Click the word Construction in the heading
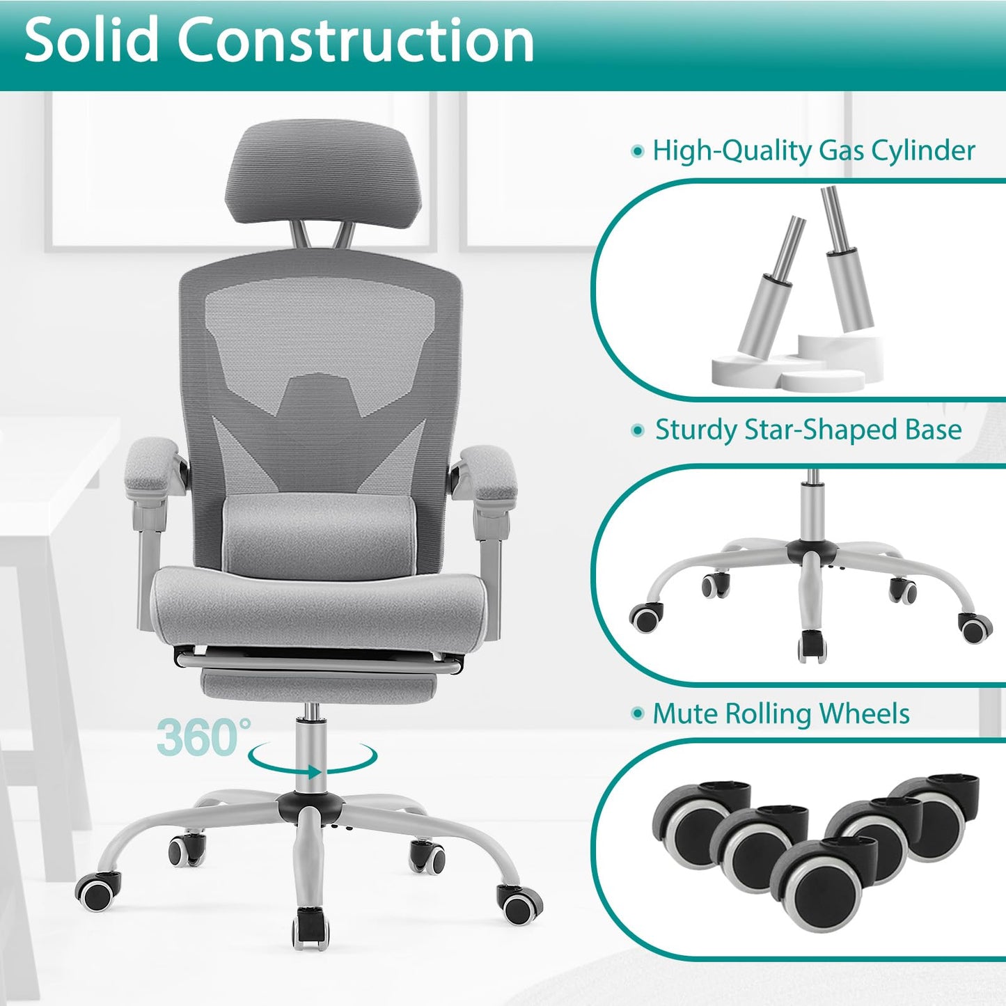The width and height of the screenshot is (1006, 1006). (x=356, y=40)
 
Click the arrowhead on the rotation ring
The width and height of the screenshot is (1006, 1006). (x=314, y=771)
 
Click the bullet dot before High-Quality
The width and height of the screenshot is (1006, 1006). (x=636, y=151)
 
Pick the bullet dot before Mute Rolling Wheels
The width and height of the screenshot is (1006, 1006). (x=636, y=714)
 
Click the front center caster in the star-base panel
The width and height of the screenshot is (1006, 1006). (x=811, y=646)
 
